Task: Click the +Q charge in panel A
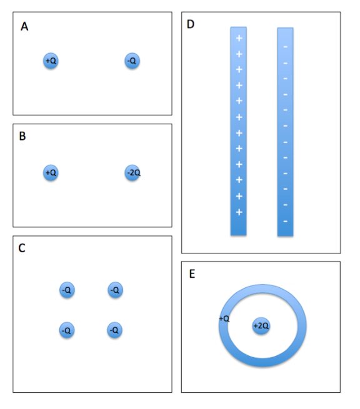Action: tap(51, 61)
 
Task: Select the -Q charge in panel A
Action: tap(132, 61)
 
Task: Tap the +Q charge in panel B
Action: tap(51, 172)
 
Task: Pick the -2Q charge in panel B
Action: tap(132, 172)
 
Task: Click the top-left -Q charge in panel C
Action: tap(67, 290)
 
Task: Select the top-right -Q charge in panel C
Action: tap(114, 290)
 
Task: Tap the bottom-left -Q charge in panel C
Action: tap(67, 330)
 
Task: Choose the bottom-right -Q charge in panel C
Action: tap(114, 330)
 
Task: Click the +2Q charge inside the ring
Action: tap(261, 326)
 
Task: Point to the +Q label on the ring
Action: tap(224, 318)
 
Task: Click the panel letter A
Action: tap(24, 26)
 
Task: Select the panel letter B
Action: tap(22, 136)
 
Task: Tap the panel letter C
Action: tap(22, 249)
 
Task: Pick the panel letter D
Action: tap(191, 24)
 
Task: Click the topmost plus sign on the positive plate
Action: tap(239, 39)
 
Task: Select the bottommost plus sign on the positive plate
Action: tap(239, 212)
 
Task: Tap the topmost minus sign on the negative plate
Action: tap(285, 47)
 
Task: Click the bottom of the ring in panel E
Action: tap(262, 360)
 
